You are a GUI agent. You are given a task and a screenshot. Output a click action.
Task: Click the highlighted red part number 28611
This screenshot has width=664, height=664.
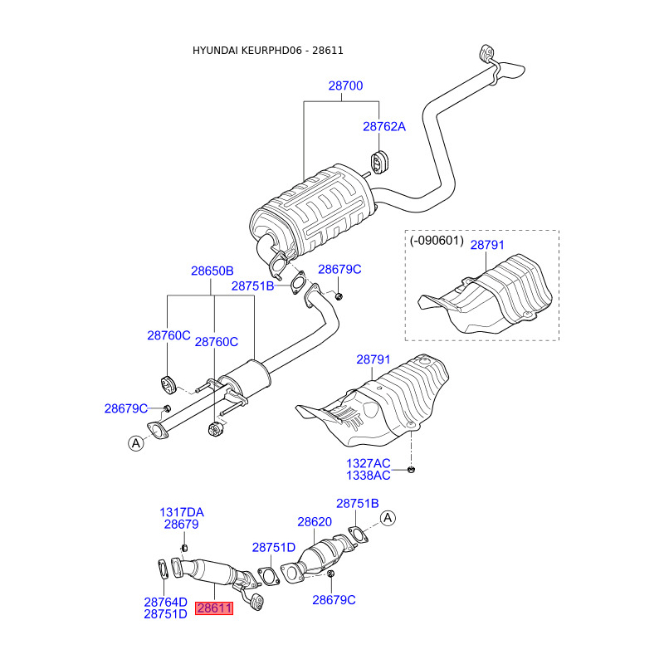[x=214, y=608]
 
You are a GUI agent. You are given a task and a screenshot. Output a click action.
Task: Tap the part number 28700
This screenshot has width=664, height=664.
[x=345, y=86]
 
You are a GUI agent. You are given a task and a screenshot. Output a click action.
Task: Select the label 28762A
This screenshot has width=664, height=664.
[x=384, y=127]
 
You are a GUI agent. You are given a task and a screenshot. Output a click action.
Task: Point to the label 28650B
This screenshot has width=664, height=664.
[x=212, y=271]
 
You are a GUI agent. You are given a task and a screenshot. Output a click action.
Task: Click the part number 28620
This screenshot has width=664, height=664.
[x=315, y=522]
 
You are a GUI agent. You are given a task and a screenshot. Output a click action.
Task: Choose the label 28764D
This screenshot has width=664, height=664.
[x=165, y=602]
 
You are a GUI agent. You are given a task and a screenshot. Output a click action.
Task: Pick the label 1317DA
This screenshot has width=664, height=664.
[x=182, y=512]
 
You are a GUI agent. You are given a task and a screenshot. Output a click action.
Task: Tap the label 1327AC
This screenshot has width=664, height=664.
[x=369, y=463]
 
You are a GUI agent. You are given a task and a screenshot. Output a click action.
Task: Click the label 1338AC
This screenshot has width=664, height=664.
[x=369, y=476]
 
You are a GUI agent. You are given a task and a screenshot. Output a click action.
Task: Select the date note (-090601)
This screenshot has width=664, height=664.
[x=437, y=241]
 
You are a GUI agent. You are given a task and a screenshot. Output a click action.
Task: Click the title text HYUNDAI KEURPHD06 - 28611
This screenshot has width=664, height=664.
[x=267, y=51]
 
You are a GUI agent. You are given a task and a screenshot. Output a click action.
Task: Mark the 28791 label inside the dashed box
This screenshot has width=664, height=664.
[x=487, y=245]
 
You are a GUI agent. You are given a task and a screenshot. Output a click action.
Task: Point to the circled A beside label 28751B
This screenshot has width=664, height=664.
[x=388, y=518]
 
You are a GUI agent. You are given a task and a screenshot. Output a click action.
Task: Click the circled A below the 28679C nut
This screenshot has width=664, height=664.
[x=136, y=443]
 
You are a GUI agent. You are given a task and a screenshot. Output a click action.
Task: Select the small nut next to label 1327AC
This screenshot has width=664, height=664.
[x=410, y=469]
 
